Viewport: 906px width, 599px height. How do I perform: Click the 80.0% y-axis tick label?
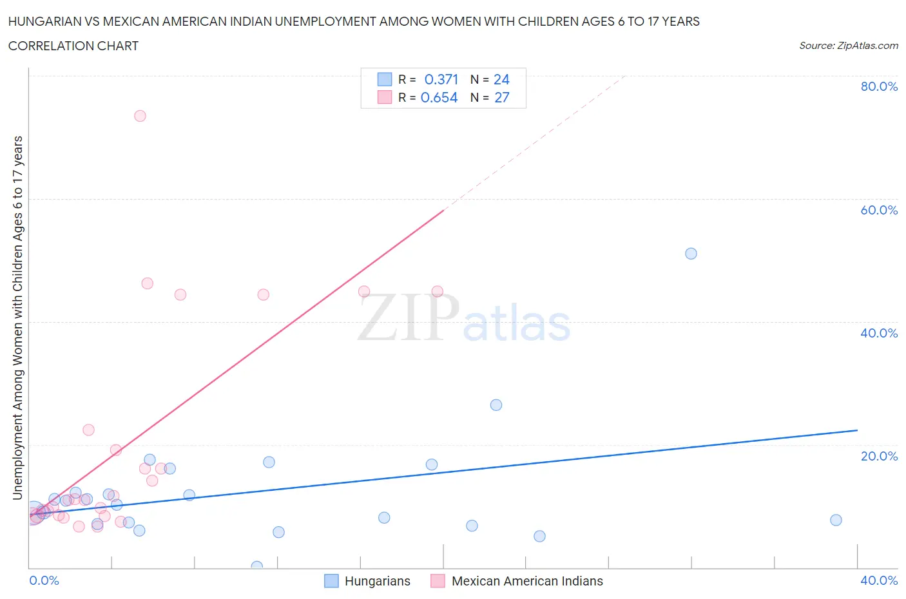[x=879, y=86]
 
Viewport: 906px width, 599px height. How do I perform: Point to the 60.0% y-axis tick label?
[x=879, y=210]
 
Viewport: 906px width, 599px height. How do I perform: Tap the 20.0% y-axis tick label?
[x=879, y=456]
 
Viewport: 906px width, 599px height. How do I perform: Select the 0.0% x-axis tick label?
[x=44, y=580]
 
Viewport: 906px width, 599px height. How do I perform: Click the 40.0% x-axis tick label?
[x=879, y=580]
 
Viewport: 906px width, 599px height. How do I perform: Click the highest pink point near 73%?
[x=140, y=116]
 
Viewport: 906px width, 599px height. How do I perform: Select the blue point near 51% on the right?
[x=691, y=254]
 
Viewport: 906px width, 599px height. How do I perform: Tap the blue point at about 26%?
[x=496, y=405]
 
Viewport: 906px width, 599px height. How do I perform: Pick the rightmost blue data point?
[x=836, y=520]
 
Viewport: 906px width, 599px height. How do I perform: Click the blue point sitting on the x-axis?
[x=257, y=567]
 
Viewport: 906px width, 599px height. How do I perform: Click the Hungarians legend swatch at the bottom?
[x=331, y=581]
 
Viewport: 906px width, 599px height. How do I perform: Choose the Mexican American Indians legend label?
[x=527, y=581]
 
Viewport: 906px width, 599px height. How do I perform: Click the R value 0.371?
[x=441, y=79]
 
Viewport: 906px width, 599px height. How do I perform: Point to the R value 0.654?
[x=439, y=97]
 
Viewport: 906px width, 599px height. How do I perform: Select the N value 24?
[x=501, y=79]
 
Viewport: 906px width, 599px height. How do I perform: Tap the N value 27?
[x=501, y=97]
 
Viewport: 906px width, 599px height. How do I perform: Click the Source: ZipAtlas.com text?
[x=848, y=46]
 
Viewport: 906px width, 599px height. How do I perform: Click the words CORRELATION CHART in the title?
[x=73, y=46]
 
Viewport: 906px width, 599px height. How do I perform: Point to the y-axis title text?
[x=18, y=318]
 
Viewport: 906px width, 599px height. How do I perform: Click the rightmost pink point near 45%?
[x=437, y=291]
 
